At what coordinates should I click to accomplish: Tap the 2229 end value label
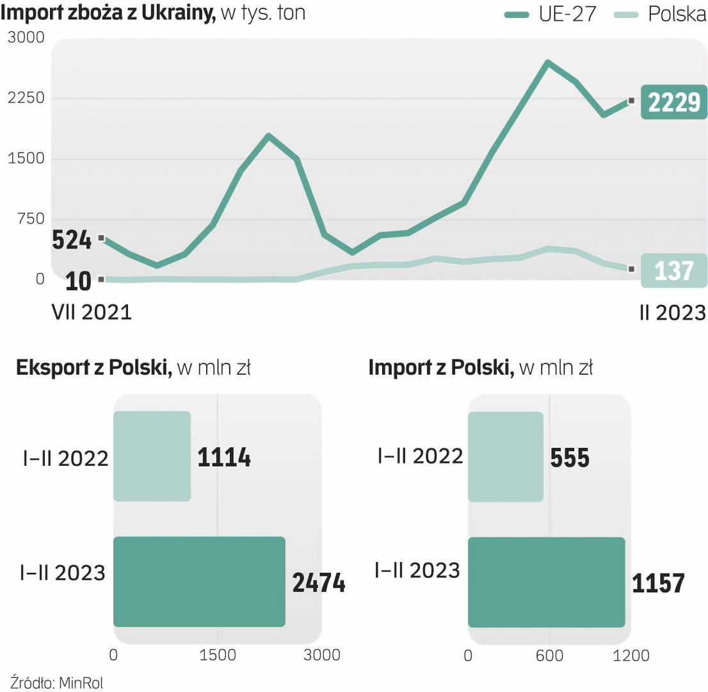(x=674, y=102)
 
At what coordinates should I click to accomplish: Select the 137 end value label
(x=674, y=270)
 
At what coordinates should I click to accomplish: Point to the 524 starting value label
(x=72, y=240)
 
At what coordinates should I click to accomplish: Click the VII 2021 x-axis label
(x=91, y=313)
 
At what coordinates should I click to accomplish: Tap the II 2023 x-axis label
(x=672, y=313)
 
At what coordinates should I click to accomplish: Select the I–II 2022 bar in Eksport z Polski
(x=152, y=456)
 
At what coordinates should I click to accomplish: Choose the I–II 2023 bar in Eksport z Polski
(x=199, y=581)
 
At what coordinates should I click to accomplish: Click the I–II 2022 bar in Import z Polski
(x=506, y=456)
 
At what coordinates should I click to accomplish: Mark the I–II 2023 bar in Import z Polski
(x=546, y=582)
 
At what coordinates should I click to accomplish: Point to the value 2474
(x=319, y=582)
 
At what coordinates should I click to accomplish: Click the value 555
(x=570, y=457)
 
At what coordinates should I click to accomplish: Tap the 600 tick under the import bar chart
(x=549, y=655)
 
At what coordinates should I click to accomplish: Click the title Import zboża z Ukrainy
(x=109, y=13)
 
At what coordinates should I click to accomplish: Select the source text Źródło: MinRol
(x=58, y=681)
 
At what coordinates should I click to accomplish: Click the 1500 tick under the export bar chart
(x=218, y=655)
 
